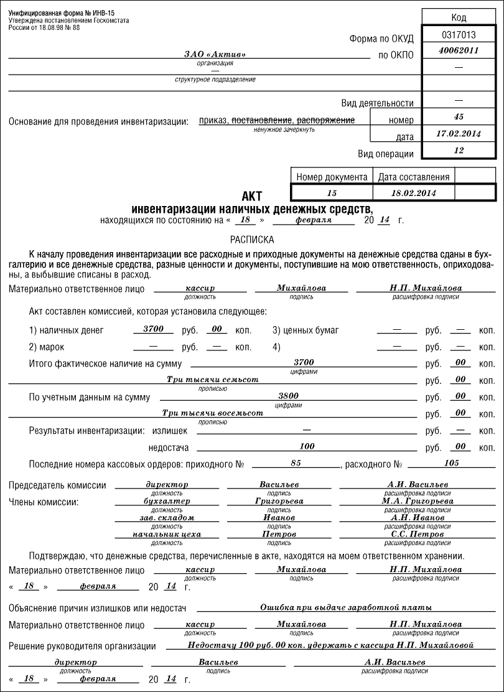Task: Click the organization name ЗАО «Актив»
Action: point(215,55)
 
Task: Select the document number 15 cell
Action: point(332,193)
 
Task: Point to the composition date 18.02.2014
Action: point(414,193)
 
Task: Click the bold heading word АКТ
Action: point(251,197)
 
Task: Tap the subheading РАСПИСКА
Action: point(251,239)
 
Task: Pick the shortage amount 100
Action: point(307,446)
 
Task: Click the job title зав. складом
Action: point(167,517)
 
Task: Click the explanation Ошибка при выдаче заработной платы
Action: point(345,607)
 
